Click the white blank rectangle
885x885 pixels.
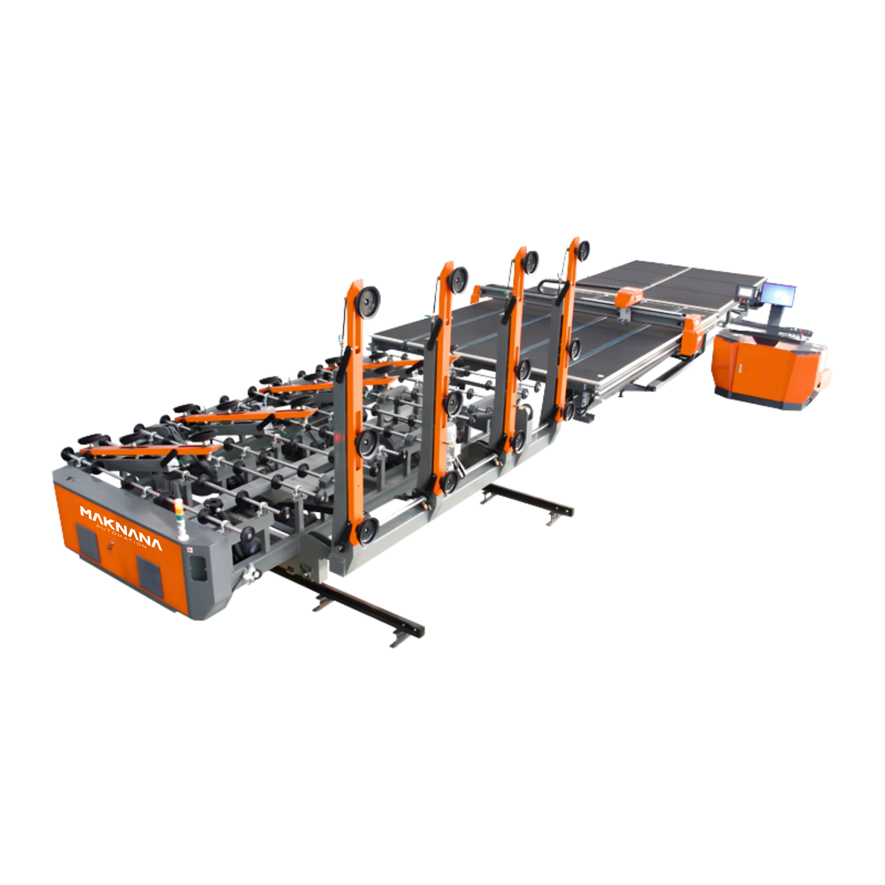[771, 548]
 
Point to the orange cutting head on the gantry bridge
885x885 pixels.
[629, 296]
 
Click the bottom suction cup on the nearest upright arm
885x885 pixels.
[365, 530]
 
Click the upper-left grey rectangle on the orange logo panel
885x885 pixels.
[87, 542]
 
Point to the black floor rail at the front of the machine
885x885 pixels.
[352, 605]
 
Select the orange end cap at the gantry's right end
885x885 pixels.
[693, 334]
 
